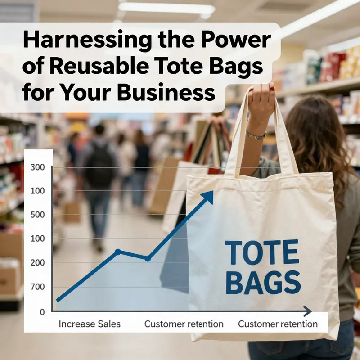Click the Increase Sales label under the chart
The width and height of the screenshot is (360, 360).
[x=90, y=324]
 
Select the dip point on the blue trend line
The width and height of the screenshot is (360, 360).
[x=148, y=259]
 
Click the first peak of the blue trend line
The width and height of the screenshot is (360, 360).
[x=118, y=252]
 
